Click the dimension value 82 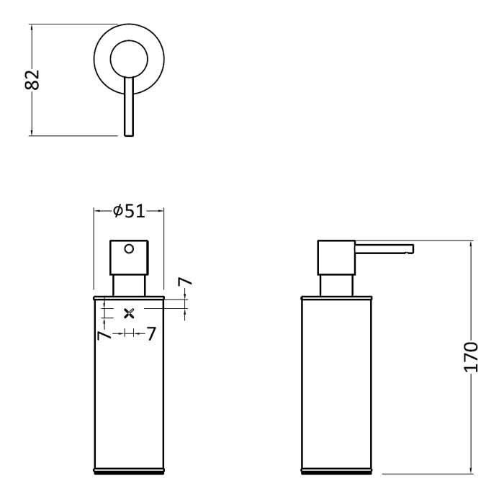32,79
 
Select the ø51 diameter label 129,211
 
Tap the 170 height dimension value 471,357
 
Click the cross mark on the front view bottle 129,313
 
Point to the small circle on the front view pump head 129,249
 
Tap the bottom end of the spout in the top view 129,135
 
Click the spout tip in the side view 411,249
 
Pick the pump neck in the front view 129,285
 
